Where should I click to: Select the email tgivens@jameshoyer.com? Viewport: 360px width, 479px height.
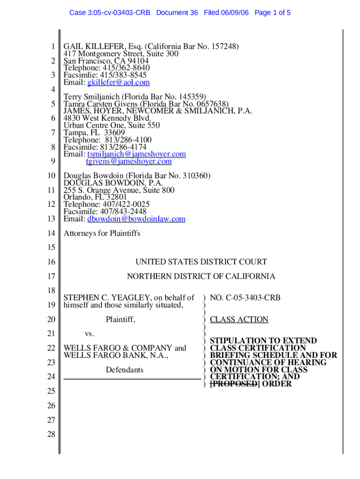click(129, 161)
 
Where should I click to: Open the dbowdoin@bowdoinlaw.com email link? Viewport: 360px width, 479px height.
click(137, 218)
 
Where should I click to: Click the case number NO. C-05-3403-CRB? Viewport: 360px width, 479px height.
click(245, 297)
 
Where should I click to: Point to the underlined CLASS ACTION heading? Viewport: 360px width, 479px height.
click(239, 319)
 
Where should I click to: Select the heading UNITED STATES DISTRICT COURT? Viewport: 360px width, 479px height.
click(201, 262)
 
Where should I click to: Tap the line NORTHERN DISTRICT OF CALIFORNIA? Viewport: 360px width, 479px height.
click(201, 276)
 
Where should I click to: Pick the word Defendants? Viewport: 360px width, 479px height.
click(124, 370)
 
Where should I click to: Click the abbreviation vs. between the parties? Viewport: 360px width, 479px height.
click(89, 334)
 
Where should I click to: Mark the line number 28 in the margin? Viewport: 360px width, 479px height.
click(51, 435)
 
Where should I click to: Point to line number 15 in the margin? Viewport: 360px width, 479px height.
click(51, 247)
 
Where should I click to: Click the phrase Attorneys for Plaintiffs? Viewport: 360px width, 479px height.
click(102, 233)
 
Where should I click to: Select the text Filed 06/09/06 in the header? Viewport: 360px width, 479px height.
click(227, 13)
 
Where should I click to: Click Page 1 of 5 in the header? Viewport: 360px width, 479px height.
click(273, 13)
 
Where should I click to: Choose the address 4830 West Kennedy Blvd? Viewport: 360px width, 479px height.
click(108, 118)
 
